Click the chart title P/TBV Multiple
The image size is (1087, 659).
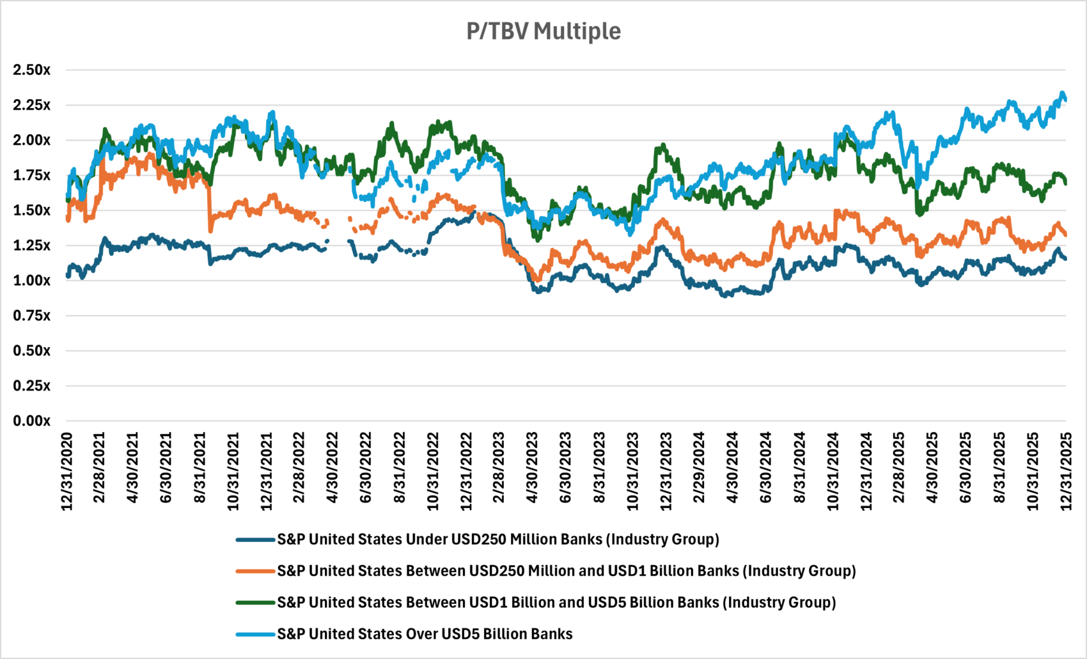click(543, 31)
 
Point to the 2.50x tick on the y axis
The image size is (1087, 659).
click(31, 70)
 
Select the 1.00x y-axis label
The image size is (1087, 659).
click(31, 280)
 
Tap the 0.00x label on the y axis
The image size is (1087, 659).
click(31, 421)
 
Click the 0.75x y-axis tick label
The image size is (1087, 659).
click(31, 315)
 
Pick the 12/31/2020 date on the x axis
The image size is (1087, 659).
click(67, 472)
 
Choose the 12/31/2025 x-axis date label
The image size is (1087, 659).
click(1066, 472)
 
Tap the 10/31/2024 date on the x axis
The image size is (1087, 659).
click(833, 472)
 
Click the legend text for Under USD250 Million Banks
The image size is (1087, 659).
click(497, 539)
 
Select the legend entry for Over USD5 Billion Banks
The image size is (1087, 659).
click(425, 634)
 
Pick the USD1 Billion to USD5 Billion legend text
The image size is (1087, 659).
click(556, 602)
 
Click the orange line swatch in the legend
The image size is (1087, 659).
click(255, 571)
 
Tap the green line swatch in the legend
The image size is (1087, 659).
click(255, 602)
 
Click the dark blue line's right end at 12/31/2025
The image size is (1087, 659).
click(1065, 259)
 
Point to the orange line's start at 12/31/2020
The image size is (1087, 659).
click(68, 219)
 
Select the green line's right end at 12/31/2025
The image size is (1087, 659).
click(1065, 183)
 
